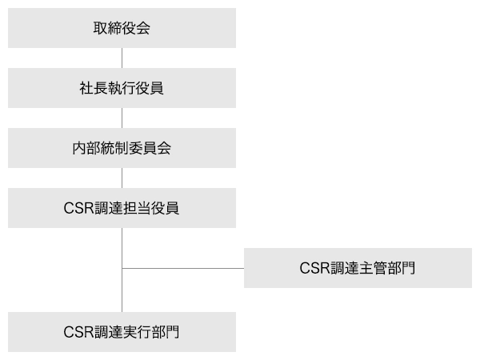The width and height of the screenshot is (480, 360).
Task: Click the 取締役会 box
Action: point(122,28)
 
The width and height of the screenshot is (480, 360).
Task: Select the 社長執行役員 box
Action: point(122,88)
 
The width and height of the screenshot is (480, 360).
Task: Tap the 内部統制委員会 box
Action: point(122,148)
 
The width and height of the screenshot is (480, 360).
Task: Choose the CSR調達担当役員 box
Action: point(122,208)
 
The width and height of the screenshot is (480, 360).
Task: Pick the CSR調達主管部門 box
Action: point(358,268)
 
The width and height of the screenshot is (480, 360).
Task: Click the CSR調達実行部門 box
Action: point(122,332)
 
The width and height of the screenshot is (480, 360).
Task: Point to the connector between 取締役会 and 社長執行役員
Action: point(122,58)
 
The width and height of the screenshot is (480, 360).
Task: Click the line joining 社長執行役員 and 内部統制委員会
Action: point(122,118)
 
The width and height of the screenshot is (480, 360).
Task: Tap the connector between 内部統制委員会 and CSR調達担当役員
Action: point(122,178)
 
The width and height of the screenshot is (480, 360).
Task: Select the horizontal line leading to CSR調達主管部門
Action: point(184,268)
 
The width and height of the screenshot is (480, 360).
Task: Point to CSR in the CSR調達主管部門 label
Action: point(315,268)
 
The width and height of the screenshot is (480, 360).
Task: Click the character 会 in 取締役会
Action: point(143,29)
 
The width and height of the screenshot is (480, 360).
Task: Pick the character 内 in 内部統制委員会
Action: point(78,148)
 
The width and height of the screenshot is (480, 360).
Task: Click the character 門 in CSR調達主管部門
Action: point(408,268)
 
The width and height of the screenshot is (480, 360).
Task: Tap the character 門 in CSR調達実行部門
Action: point(172,332)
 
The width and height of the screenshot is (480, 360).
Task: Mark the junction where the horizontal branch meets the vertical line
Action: point(122,268)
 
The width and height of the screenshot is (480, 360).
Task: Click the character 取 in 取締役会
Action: point(100,29)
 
